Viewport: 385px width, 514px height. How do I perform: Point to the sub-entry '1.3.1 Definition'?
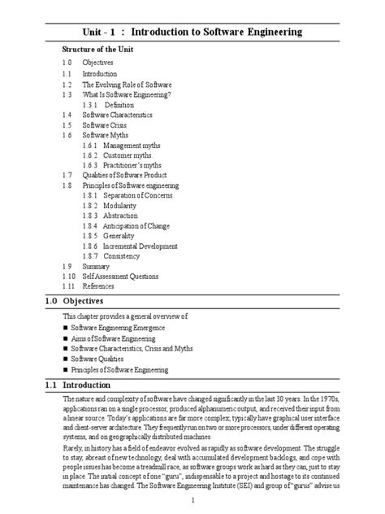tap(125, 106)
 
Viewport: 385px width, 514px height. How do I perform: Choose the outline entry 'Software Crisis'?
tap(109, 125)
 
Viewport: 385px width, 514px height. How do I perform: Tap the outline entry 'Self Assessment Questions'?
tap(125, 276)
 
